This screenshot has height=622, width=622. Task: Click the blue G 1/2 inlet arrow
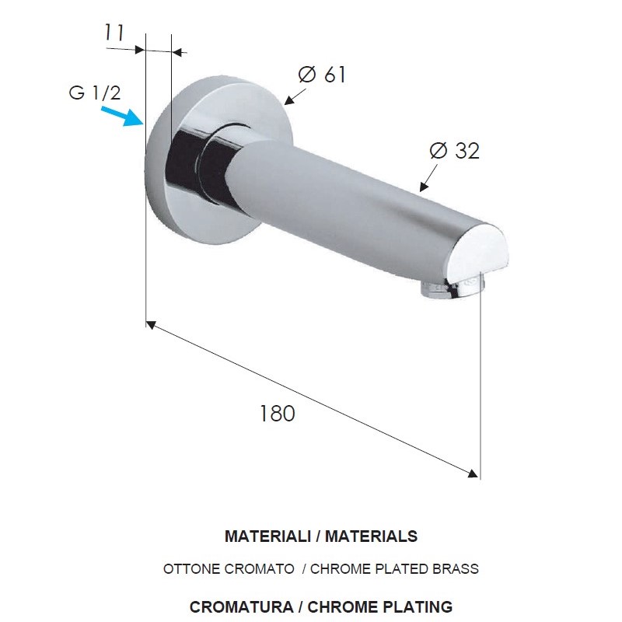[x=122, y=115]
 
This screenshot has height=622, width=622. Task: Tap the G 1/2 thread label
[x=94, y=93]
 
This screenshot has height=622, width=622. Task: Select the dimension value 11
[x=114, y=33]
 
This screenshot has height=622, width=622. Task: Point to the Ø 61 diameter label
[x=322, y=74]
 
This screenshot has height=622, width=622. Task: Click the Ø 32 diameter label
[x=455, y=151]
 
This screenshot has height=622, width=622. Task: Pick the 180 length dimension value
[x=278, y=414]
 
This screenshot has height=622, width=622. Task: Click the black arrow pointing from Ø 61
[x=295, y=96]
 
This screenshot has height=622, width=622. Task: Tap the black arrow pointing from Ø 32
[x=428, y=178]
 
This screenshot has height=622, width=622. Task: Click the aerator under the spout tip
[x=453, y=288]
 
